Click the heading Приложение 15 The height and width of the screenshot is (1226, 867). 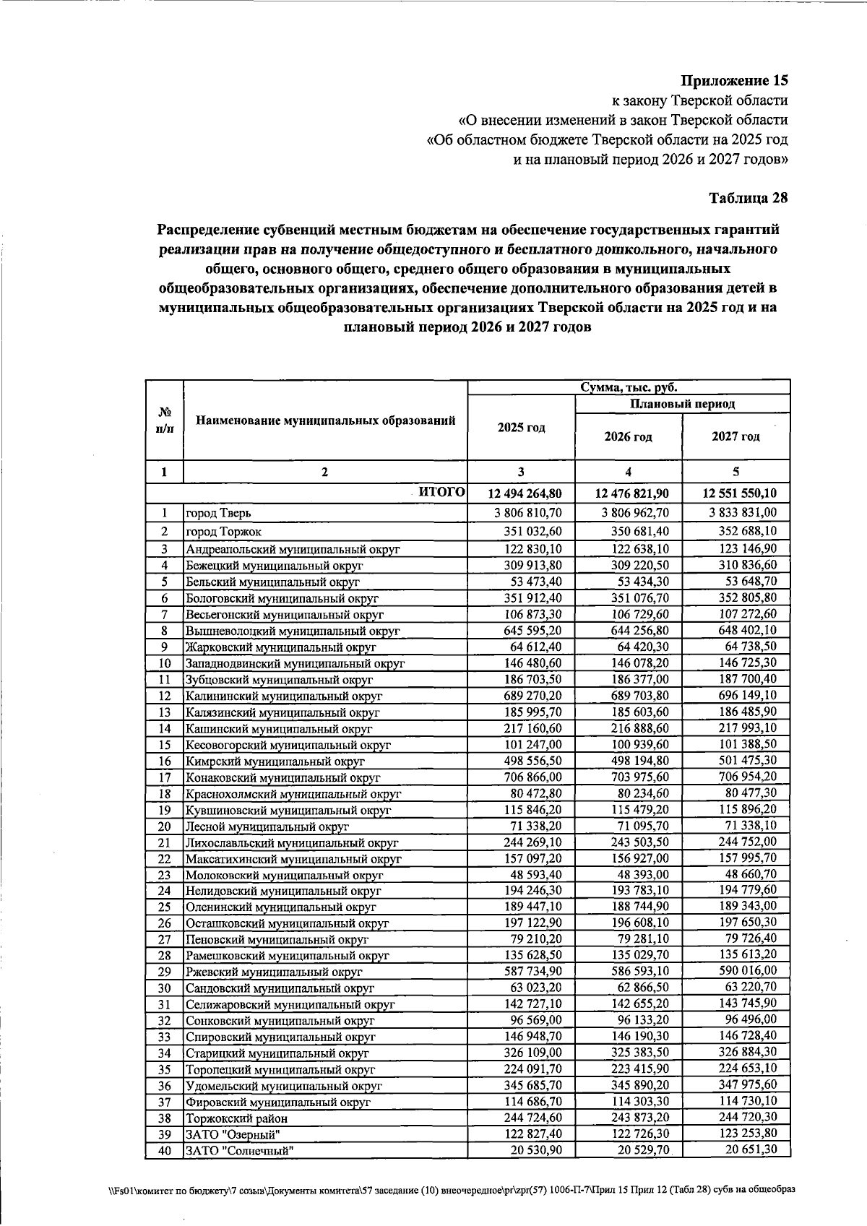click(x=735, y=80)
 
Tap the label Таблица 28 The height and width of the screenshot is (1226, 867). click(x=748, y=197)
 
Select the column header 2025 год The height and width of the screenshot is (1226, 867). click(x=521, y=428)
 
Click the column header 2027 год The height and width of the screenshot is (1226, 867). click(x=736, y=437)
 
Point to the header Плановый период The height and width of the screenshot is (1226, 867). click(x=682, y=404)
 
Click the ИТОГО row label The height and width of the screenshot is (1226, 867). click(x=441, y=493)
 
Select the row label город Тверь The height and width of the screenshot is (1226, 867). click(x=219, y=514)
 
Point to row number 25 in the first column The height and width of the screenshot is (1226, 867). click(x=164, y=907)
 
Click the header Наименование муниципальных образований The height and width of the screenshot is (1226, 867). click(x=325, y=420)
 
